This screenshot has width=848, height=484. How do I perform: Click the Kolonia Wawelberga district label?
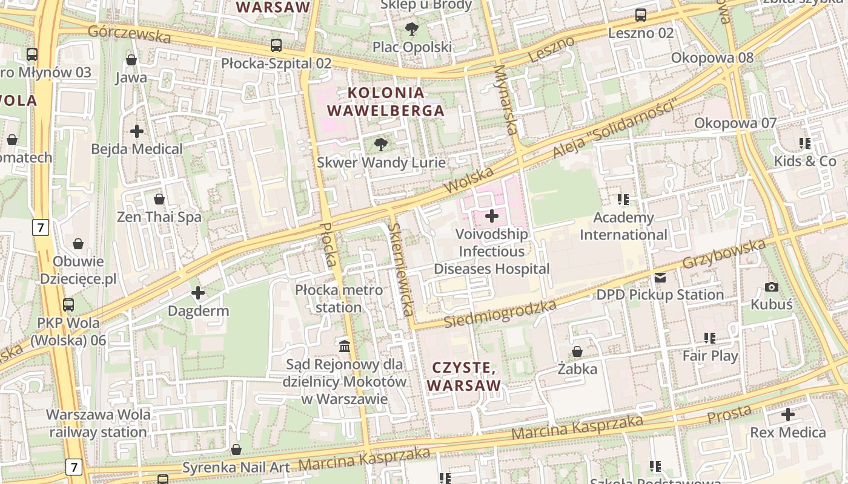[385, 102]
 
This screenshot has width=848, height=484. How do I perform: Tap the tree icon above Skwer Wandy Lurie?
[380, 144]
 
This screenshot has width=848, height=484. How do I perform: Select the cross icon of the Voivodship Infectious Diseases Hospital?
[492, 215]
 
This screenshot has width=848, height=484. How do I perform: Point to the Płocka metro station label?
[339, 298]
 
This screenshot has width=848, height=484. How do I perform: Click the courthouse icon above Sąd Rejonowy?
[345, 346]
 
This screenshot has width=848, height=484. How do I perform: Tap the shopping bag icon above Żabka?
[577, 352]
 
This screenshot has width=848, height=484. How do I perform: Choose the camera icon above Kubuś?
[771, 287]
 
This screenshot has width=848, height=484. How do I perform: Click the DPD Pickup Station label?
[660, 295]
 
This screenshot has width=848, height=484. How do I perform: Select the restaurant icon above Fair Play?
[710, 338]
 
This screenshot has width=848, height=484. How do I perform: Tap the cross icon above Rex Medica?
[787, 414]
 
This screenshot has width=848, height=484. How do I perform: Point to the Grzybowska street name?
[724, 254]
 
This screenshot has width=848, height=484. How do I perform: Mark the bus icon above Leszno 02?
[640, 15]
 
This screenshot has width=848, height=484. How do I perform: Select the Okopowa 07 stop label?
[735, 123]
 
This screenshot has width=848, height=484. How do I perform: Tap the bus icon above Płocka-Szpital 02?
[276, 45]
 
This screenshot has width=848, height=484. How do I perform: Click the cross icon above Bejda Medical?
[137, 131]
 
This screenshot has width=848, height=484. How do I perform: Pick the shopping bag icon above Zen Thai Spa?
[159, 199]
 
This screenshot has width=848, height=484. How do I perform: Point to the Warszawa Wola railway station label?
[98, 423]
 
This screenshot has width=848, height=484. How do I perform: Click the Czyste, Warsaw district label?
[464, 376]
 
